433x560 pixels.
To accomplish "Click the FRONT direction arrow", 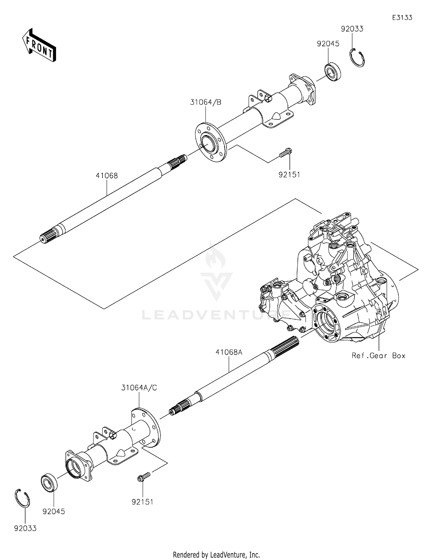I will pos(39,45).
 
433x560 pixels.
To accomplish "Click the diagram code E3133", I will pos(402,18).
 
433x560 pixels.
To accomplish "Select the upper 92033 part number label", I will pos(352,29).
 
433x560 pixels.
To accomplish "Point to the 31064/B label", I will pos(206,102).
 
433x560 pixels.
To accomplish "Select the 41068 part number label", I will pos(107,176).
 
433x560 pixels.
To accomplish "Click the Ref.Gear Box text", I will pos(378,356).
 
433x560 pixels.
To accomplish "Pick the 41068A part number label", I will pos(229,352).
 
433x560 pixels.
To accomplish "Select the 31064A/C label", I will pos(139,388).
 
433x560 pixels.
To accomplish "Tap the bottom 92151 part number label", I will pos(142,502).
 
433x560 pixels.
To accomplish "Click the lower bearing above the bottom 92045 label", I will pos(49,482).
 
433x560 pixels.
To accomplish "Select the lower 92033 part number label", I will pos(25,529).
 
